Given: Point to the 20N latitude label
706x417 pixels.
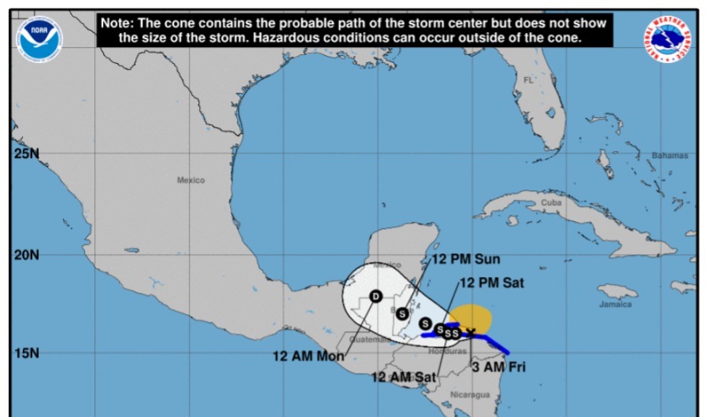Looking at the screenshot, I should click(26, 255).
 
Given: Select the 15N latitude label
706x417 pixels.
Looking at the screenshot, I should click(26, 353).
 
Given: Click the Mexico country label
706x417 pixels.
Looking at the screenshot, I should click(190, 180).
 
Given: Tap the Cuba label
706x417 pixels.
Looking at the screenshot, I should click(551, 202).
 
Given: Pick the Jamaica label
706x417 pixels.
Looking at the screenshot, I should click(615, 304).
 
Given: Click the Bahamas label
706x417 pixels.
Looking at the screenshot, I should click(669, 156).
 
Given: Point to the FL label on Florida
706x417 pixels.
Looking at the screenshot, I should click(528, 80).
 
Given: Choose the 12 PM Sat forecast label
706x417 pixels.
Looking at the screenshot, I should click(491, 282).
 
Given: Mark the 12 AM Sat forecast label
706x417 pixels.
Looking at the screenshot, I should click(403, 378).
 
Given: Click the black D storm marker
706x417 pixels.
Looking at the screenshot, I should click(375, 297).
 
